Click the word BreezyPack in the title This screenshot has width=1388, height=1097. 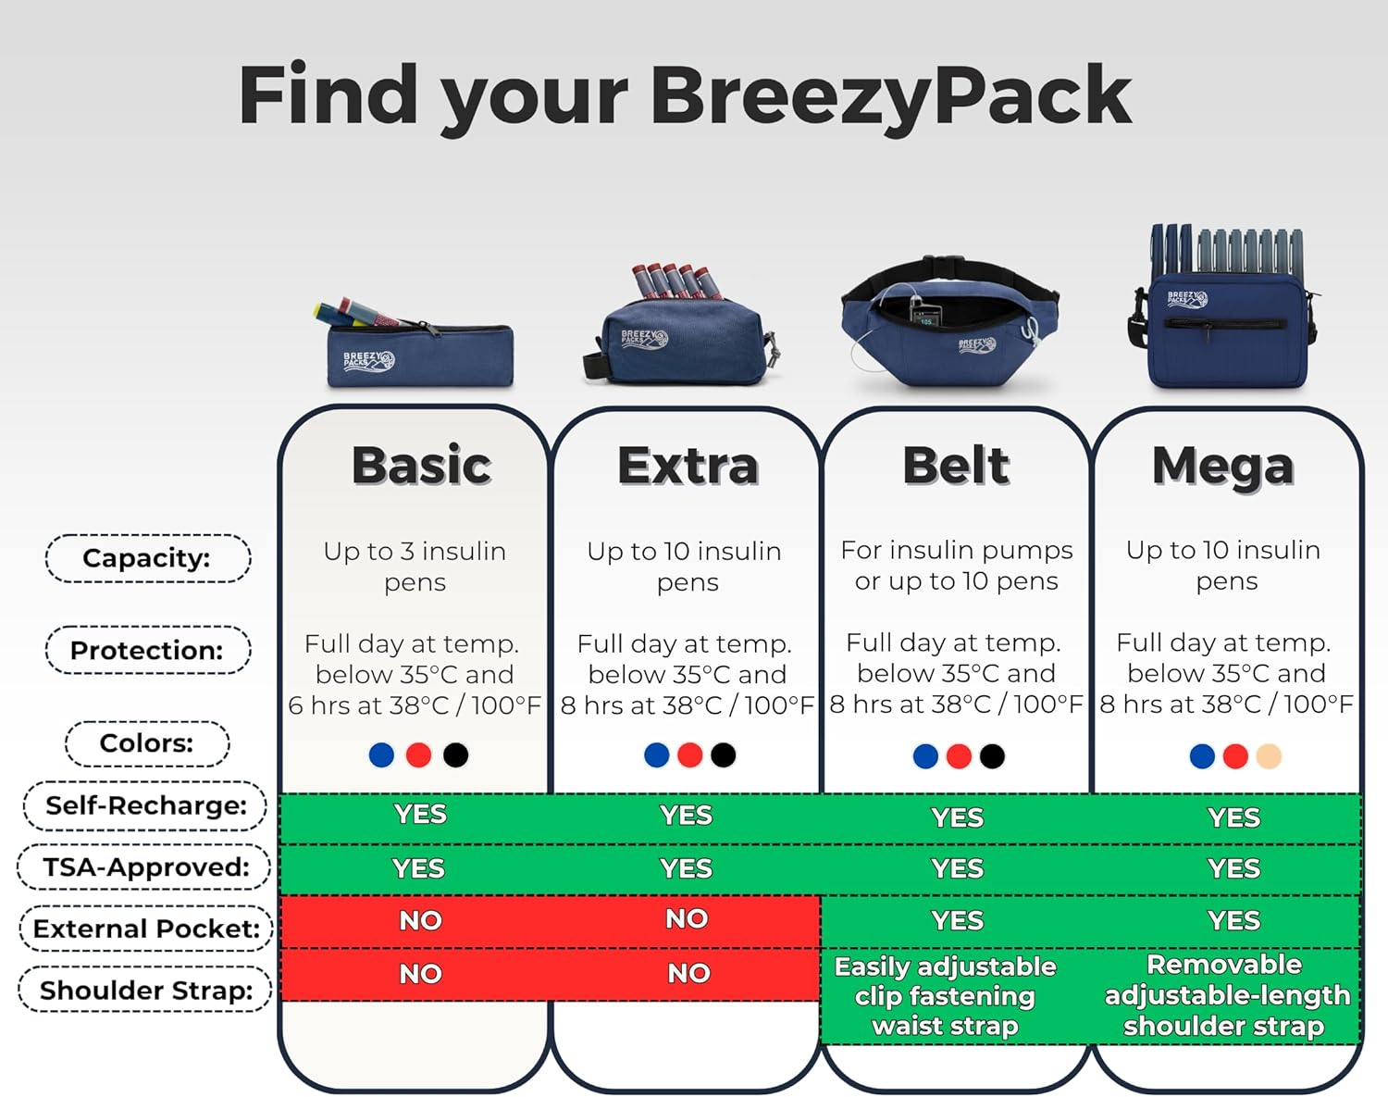click(x=890, y=97)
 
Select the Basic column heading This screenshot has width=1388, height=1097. click(x=421, y=466)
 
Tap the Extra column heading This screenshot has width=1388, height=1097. click(x=688, y=466)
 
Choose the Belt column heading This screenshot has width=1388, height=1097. click(x=956, y=466)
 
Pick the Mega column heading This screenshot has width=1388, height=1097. click(x=1222, y=466)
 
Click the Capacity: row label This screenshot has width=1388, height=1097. click(x=147, y=558)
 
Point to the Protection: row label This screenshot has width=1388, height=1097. click(x=147, y=650)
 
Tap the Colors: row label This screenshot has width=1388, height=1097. click(x=147, y=743)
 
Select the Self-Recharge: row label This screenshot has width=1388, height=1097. click(x=146, y=805)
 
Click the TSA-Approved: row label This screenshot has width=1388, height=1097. click(x=145, y=867)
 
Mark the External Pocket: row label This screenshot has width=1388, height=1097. click(x=146, y=929)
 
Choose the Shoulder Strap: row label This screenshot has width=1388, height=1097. click(x=146, y=990)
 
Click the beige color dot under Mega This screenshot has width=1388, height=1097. click(x=1269, y=756)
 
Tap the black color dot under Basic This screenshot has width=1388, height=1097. click(x=455, y=755)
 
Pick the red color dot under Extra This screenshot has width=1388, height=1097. click(x=690, y=755)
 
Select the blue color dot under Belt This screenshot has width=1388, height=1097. click(x=925, y=756)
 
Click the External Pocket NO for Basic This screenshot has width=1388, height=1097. click(x=420, y=920)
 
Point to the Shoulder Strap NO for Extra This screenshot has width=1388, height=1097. click(x=688, y=973)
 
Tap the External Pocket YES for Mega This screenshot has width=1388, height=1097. click(x=1233, y=920)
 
